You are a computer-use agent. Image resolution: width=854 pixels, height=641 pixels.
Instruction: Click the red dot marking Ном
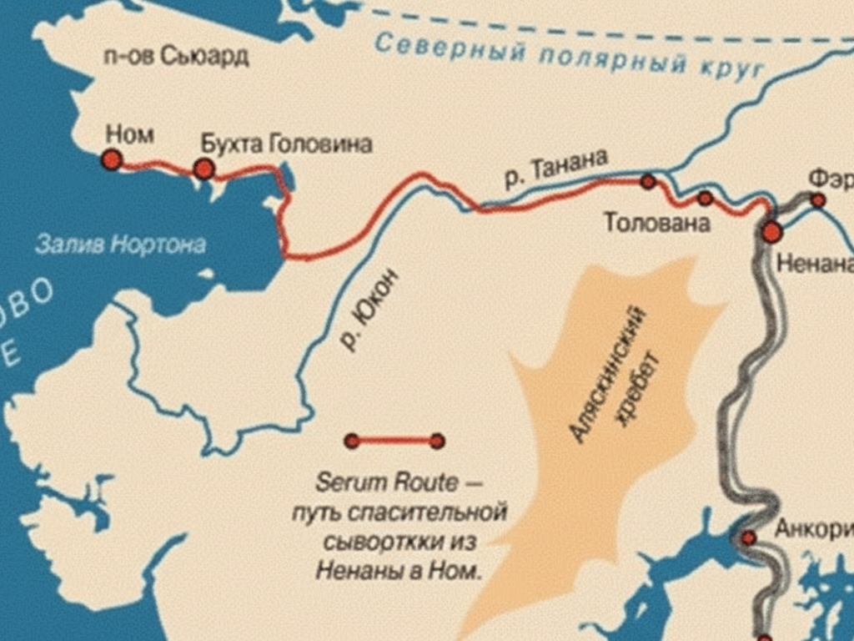click(x=112, y=159)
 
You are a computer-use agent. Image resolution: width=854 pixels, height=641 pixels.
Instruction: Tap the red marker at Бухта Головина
click(x=203, y=169)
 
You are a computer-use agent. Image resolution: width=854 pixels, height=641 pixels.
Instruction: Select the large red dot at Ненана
click(x=772, y=232)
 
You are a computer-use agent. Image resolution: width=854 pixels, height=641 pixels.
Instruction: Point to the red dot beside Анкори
click(x=749, y=538)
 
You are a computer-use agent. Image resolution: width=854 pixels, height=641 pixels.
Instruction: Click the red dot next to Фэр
click(x=818, y=200)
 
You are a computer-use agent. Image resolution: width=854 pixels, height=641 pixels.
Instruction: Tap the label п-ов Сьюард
click(x=176, y=58)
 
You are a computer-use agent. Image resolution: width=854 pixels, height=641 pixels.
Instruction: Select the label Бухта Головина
click(x=286, y=144)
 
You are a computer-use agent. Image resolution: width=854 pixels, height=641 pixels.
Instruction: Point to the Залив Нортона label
click(x=120, y=245)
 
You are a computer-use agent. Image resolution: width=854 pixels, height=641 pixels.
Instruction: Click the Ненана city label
click(x=814, y=265)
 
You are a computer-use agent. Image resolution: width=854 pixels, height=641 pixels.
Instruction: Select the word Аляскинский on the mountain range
click(x=608, y=373)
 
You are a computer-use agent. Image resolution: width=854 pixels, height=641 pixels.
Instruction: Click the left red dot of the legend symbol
click(x=352, y=441)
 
